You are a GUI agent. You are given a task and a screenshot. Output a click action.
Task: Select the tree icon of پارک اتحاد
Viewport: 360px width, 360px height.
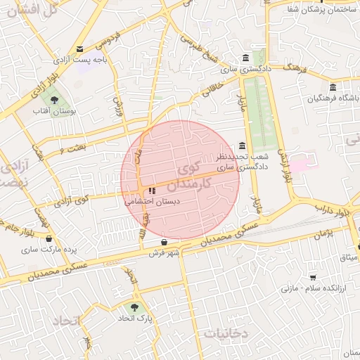(x=134, y=307)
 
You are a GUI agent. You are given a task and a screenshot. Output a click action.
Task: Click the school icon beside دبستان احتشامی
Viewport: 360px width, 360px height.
(x=152, y=190)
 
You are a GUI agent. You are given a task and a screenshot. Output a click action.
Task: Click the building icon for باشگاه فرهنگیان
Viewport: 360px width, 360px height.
(x=333, y=87)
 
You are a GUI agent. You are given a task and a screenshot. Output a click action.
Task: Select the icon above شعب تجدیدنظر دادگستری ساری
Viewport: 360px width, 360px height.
(x=243, y=145)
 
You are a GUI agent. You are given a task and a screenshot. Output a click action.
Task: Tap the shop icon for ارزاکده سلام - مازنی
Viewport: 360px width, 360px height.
(x=312, y=277)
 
